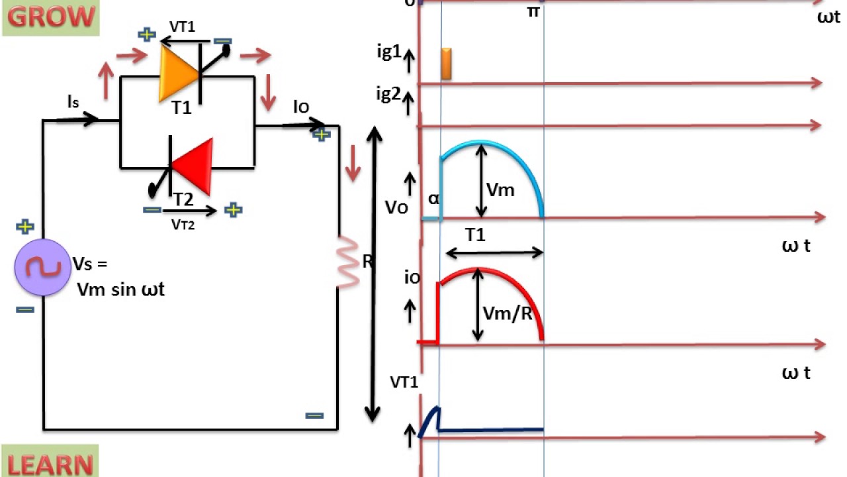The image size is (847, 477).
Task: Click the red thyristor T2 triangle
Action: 196,166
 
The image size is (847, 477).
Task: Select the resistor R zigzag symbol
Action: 348,262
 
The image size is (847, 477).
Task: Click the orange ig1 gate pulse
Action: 446,64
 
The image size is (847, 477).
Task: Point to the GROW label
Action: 51,17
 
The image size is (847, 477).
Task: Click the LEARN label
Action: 50,464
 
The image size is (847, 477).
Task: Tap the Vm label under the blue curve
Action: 500,190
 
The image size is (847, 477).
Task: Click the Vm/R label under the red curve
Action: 508,313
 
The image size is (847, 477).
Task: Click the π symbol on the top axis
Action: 533,11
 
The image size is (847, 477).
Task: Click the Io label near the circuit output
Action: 301,107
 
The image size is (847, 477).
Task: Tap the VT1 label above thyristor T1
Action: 183,26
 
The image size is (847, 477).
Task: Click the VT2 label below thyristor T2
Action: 183,224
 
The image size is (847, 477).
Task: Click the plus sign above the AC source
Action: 25,227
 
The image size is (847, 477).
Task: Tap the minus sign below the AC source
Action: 25,309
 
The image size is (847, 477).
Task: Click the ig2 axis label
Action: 389,93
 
